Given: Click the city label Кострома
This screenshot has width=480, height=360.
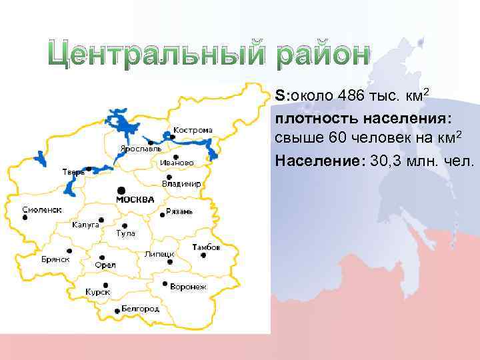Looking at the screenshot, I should pyautogui.click(x=193, y=129).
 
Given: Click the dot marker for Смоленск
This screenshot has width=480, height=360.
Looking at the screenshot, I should pyautogui.click(x=25, y=217).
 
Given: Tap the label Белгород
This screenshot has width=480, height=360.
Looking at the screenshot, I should pyautogui.click(x=140, y=309).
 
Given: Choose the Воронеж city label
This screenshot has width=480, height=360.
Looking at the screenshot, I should pyautogui.click(x=188, y=287).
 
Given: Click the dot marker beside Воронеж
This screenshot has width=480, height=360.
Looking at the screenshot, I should pyautogui.click(x=164, y=283).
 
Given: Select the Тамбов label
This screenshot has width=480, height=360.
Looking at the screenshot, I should pyautogui.click(x=206, y=247).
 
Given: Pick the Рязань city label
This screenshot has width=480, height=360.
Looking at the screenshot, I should pyautogui.click(x=179, y=211).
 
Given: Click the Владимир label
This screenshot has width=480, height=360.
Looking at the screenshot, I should pyautogui.click(x=181, y=183).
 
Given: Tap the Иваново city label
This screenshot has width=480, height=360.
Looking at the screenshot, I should pyautogui.click(x=177, y=162).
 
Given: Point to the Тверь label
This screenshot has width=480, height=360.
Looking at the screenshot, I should pyautogui.click(x=73, y=172).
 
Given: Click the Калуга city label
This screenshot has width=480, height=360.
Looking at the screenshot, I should pyautogui.click(x=85, y=225).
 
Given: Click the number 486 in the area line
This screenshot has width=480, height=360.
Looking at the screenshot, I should pyautogui.click(x=350, y=97).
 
